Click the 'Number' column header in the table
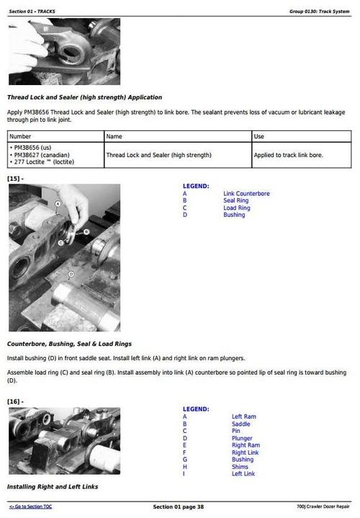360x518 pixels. click(x=20, y=136)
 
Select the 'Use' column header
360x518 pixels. click(x=259, y=136)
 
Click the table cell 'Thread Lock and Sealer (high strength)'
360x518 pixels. click(x=148, y=155)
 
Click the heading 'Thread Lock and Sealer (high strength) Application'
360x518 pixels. click(x=84, y=97)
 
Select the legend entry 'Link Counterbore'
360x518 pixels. click(x=247, y=194)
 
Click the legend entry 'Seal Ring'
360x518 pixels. click(x=235, y=201)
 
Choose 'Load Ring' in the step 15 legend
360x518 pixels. click(x=236, y=208)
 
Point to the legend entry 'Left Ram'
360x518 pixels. click(x=243, y=416)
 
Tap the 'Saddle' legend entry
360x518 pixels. click(x=240, y=424)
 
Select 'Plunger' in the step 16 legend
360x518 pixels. click(x=242, y=438)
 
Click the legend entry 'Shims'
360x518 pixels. click(x=240, y=467)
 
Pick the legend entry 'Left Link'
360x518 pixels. click(x=243, y=474)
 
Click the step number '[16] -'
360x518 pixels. click(x=15, y=401)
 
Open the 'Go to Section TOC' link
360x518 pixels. click(x=30, y=506)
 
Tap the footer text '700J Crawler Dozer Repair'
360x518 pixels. click(x=323, y=506)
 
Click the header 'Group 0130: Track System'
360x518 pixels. click(x=320, y=12)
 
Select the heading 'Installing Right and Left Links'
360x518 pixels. click(x=52, y=487)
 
